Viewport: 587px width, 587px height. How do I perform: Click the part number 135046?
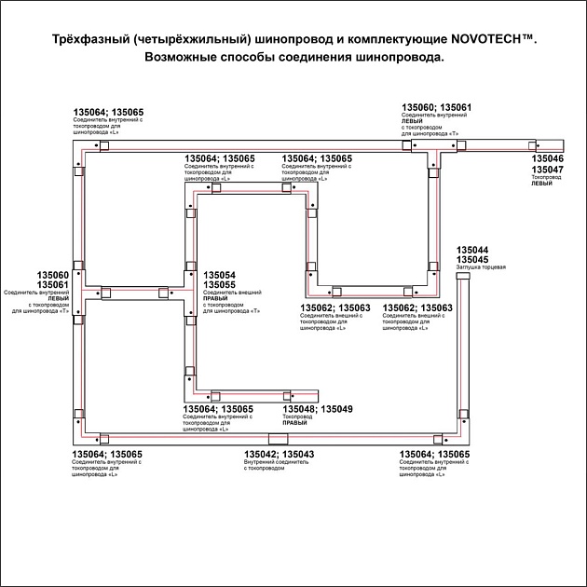tap(547, 159)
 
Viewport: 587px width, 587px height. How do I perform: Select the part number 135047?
tap(547, 170)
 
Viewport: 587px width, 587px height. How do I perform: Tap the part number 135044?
tap(472, 251)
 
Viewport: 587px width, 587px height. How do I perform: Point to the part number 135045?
tap(472, 260)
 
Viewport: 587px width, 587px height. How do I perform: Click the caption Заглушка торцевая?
tap(481, 268)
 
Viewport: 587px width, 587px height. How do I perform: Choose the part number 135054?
tap(219, 276)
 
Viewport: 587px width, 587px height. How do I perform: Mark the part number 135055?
tap(219, 286)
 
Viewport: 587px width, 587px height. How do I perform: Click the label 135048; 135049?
tap(318, 409)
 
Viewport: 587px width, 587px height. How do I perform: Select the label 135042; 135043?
tap(279, 454)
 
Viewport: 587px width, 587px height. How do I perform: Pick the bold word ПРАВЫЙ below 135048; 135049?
tap(295, 423)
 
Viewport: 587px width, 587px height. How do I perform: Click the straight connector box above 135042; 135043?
tap(279, 438)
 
